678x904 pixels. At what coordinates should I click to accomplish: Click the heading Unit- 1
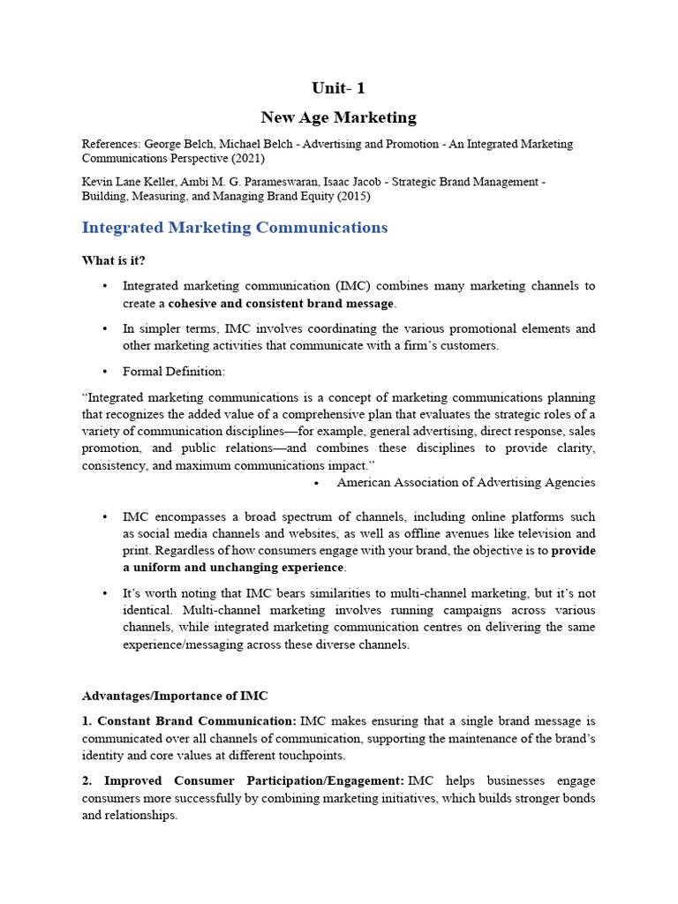tap(338, 87)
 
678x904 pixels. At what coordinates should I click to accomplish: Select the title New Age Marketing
tap(338, 117)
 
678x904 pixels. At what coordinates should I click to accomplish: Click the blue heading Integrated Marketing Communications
tap(234, 228)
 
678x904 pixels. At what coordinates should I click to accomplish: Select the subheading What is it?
tap(114, 260)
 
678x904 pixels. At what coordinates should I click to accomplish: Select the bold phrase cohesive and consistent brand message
tap(281, 303)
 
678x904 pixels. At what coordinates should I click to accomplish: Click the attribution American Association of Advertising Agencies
tap(465, 482)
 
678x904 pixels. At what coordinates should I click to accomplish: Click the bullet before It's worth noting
tap(104, 593)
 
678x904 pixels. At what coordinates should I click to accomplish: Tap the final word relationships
tap(141, 816)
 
